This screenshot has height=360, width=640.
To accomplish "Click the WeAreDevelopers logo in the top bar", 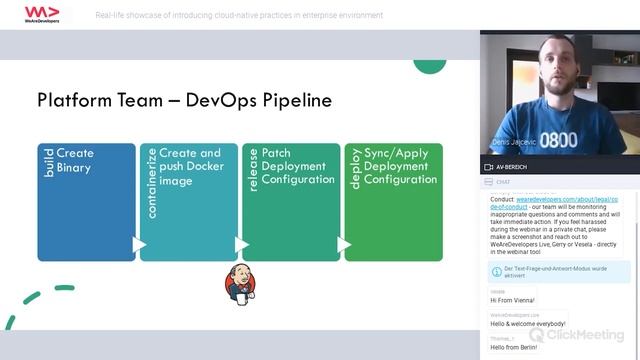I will pyautogui.click(x=41, y=16).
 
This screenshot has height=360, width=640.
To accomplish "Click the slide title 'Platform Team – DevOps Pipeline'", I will pyautogui.click(x=184, y=101).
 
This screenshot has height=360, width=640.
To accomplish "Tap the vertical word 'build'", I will pyautogui.click(x=49, y=163).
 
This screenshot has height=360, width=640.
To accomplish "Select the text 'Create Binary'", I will pyautogui.click(x=75, y=160).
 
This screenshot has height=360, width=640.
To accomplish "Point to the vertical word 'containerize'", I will pyautogui.click(x=151, y=182).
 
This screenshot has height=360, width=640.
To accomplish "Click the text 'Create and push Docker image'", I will pyautogui.click(x=191, y=167).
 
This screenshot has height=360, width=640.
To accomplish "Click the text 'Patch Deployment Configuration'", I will pyautogui.click(x=298, y=166).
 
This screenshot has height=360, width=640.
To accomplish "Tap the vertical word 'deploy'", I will pyautogui.click(x=354, y=169).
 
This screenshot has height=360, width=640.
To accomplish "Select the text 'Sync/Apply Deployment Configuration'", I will pyautogui.click(x=400, y=166).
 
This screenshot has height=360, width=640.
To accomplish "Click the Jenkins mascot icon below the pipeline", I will pyautogui.click(x=237, y=284).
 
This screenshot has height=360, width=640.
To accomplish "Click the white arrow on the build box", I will pyautogui.click(x=139, y=244).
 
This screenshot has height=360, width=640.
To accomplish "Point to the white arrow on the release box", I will pyautogui.click(x=344, y=244).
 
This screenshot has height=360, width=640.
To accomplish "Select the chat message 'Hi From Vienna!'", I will pyautogui.click(x=512, y=300).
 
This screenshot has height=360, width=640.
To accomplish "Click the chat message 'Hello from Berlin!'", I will pyautogui.click(x=514, y=346).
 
